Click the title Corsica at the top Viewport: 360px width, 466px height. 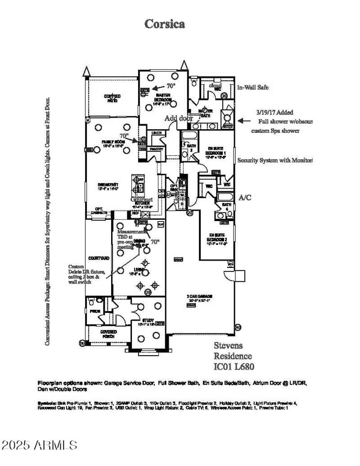tap(164, 24)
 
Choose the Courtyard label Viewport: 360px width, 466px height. tap(99, 258)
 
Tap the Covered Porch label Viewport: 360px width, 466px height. tap(108, 334)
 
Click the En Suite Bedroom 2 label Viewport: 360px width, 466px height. tap(217, 237)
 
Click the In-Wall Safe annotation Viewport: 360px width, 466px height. tap(253, 87)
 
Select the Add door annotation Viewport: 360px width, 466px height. tap(179, 118)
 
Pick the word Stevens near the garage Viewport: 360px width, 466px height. tap(228, 345)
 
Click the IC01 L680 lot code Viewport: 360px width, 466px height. tap(234, 366)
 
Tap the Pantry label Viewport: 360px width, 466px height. tap(156, 149)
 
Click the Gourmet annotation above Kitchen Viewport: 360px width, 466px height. tap(141, 199)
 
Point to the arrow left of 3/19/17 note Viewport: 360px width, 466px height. tap(243, 121)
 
